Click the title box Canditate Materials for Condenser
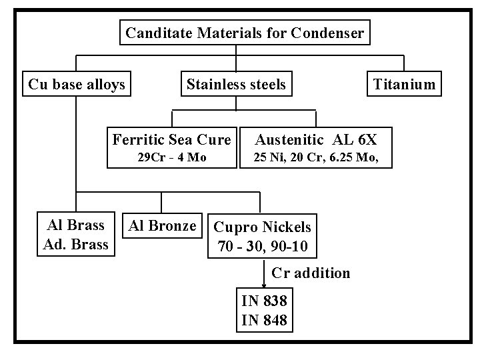245,32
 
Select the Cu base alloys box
76,85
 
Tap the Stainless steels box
236,85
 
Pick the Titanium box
404,85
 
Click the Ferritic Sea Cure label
171,140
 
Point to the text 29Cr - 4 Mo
171,158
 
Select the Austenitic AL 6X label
316,140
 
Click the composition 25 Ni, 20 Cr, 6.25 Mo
315,158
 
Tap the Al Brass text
75,225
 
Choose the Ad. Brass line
75,244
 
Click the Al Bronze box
162,225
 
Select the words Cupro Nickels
262,227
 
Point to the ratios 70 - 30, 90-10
262,247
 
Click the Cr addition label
311,273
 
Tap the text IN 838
264,301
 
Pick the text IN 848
264,319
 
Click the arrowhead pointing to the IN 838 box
263,285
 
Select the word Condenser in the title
328,32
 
